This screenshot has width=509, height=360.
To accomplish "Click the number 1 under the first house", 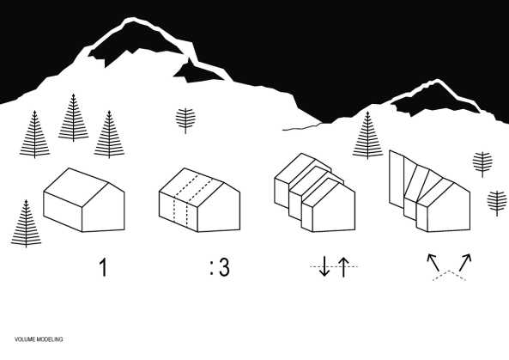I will (x=104, y=267).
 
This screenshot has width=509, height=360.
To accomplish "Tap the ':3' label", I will (x=219, y=267).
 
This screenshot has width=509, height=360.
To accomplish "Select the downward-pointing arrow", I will (x=324, y=267).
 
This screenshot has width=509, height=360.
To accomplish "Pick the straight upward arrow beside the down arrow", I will (x=343, y=267).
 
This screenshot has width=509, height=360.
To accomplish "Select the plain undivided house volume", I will (x=83, y=199).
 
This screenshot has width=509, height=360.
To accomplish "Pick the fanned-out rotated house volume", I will (x=427, y=192).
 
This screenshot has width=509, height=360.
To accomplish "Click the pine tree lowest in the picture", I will (x=27, y=223).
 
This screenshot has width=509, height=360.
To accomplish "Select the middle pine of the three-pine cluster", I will (x=73, y=116).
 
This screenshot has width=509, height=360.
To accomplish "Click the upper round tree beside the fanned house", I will (x=483, y=162).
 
